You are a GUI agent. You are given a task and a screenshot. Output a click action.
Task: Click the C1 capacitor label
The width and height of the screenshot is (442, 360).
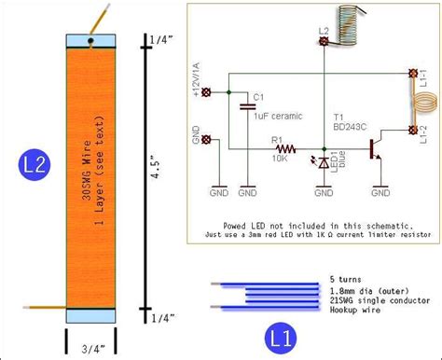[x=259, y=96]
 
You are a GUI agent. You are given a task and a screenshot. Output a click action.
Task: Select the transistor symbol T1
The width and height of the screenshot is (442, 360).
[x=375, y=148]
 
